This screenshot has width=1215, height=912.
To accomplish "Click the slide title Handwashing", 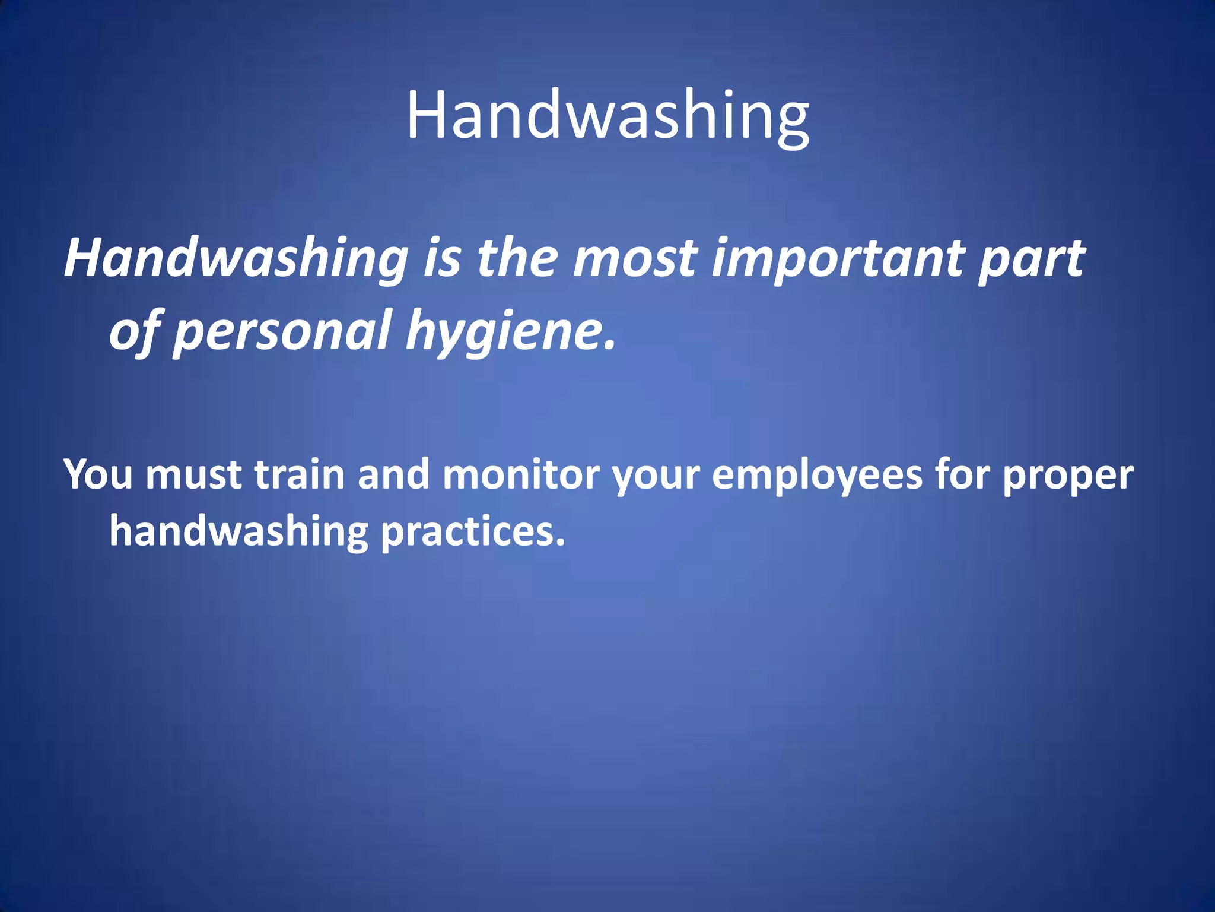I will click(607, 116).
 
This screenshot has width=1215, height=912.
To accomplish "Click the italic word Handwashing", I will click(236, 259).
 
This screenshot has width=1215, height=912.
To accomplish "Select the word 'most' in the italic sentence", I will click(635, 259).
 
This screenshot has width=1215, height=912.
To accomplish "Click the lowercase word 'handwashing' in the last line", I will click(238, 531).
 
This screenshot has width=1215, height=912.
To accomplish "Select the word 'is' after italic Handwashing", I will click(442, 259).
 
